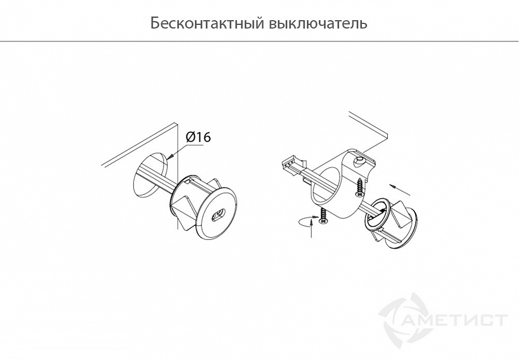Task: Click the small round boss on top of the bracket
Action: (359, 162)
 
